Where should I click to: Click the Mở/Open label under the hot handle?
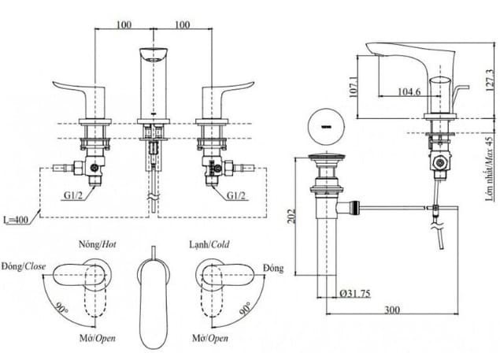click(98, 338)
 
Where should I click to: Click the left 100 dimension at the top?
click(123, 24)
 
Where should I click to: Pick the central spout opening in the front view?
click(154, 56)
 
